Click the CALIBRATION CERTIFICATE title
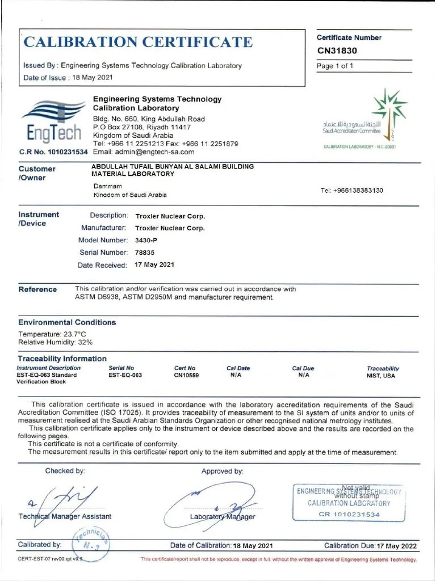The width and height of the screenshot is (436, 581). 138,42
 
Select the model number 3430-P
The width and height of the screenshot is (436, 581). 146,240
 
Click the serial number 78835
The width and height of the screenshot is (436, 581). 144,252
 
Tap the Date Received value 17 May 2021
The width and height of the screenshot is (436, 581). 154,265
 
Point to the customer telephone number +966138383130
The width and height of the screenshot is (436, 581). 351,190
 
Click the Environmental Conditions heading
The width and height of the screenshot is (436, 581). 67,322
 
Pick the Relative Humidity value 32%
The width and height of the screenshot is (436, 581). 86,342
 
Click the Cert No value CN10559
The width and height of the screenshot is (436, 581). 186,376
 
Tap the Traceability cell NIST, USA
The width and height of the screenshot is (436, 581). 381,376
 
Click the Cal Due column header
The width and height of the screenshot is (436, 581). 303,368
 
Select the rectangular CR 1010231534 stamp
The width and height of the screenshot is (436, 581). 349,503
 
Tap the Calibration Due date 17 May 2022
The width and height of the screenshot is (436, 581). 396,546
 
